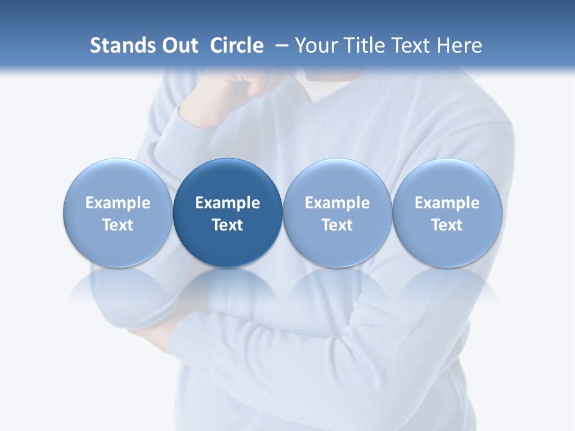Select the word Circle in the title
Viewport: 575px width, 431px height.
click(237, 45)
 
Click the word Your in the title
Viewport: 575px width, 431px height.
click(315, 45)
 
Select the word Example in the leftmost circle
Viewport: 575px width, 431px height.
click(118, 203)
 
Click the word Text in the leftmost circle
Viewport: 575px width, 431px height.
click(118, 225)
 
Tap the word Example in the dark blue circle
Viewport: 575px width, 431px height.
click(228, 203)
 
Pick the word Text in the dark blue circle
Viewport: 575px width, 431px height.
click(228, 225)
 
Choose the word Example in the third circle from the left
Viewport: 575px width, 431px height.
click(337, 203)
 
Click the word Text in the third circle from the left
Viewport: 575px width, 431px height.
click(337, 225)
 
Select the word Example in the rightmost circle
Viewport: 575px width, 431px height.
click(447, 203)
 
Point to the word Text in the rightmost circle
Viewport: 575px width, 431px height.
click(447, 225)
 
